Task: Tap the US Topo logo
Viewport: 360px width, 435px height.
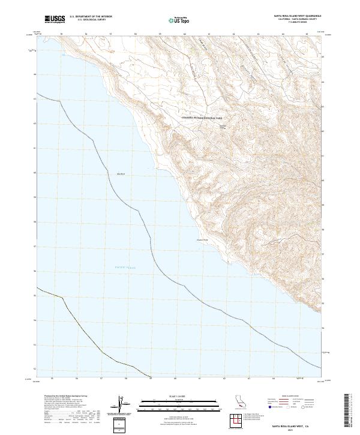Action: (x=174, y=20)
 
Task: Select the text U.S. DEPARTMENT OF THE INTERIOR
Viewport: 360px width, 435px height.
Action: (x=91, y=17)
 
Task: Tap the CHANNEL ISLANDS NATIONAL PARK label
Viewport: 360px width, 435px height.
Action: (x=202, y=118)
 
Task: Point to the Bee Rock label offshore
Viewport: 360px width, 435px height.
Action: (x=120, y=174)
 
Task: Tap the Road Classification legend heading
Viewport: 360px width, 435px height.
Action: (x=289, y=397)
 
